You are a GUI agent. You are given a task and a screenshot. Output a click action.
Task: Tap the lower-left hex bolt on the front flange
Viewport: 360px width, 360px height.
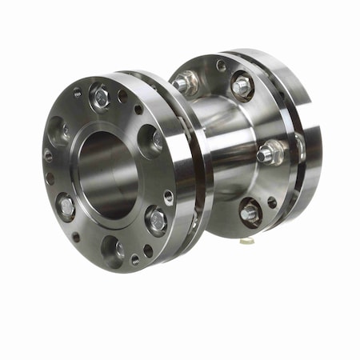click(x=66, y=207)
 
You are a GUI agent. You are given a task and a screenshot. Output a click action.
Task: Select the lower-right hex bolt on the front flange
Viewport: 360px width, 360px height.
click(x=156, y=218)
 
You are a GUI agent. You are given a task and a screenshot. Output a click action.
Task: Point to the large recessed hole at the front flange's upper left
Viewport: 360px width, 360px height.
click(x=58, y=130)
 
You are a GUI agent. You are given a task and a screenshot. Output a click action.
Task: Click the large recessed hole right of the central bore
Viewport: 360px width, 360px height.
click(x=150, y=141)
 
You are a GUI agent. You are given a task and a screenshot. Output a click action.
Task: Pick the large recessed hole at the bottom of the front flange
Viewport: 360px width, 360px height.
click(x=113, y=248)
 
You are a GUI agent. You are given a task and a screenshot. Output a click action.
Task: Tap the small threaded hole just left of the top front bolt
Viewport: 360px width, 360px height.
click(x=77, y=93)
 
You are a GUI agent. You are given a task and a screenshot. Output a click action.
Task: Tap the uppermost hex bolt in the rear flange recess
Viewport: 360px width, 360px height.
click(x=242, y=86)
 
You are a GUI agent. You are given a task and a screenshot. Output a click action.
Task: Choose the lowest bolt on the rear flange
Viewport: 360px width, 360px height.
click(x=250, y=213)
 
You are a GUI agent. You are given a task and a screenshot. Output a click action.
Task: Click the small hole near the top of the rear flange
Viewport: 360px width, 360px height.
click(x=221, y=66)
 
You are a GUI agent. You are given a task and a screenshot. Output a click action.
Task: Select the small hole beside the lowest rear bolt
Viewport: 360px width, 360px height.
click(x=272, y=203)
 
